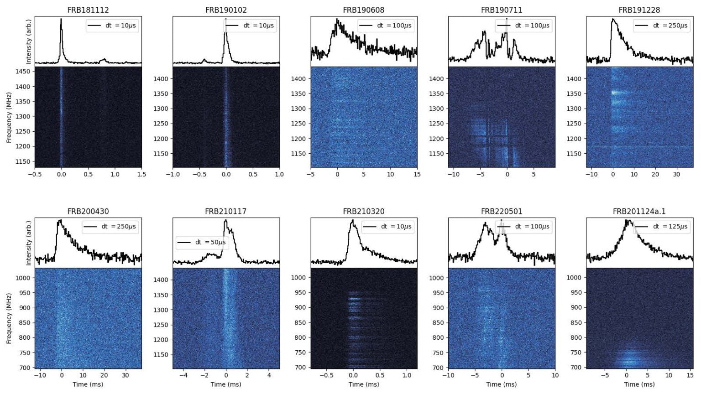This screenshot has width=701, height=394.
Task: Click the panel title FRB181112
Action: [x=88, y=10]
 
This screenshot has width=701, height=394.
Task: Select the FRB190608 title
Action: [x=364, y=10]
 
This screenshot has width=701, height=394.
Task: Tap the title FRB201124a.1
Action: [x=639, y=212]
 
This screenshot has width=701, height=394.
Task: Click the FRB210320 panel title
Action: [x=364, y=212]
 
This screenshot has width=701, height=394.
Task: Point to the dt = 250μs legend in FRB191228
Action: [x=660, y=26]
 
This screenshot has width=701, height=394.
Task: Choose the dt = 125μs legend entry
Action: [x=661, y=227]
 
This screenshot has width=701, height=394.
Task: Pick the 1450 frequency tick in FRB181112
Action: [x=22, y=72]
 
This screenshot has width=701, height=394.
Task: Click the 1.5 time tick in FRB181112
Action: [x=141, y=174]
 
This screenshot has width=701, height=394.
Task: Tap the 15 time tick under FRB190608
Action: [x=417, y=174]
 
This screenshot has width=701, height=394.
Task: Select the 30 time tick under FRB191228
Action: [x=676, y=174]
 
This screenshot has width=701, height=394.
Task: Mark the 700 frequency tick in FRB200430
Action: [x=25, y=368]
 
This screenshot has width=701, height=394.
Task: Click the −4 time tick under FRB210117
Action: [x=183, y=375]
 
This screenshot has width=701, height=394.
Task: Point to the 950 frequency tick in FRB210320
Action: [x=298, y=293]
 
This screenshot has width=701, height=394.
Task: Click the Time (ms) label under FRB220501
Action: [x=502, y=384]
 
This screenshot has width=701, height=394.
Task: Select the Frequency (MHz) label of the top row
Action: [x=9, y=117]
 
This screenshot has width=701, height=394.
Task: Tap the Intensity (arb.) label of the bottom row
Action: [x=29, y=243]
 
